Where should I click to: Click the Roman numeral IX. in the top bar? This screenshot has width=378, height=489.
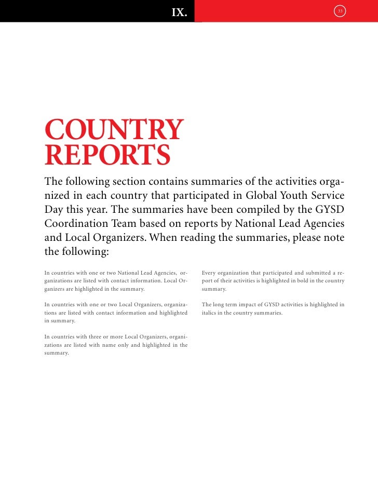click(179, 12)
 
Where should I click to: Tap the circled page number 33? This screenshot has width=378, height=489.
click(340, 10)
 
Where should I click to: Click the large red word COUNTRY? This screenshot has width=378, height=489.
click(114, 130)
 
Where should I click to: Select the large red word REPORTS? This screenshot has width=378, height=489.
click(107, 155)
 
